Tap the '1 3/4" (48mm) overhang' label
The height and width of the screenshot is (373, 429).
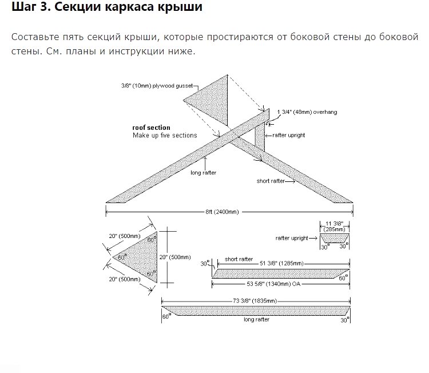tap(307, 112)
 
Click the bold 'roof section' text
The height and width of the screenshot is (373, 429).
tap(151, 128)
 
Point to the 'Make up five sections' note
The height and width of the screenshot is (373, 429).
tap(165, 136)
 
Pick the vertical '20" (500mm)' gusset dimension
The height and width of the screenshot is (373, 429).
tap(175, 257)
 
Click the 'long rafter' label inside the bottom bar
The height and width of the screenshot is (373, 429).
tap(256, 320)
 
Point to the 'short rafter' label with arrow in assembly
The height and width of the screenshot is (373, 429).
tap(271, 181)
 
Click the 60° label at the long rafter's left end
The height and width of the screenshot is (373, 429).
tap(166, 316)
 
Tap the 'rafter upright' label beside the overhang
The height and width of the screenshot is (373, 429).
tap(289, 135)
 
